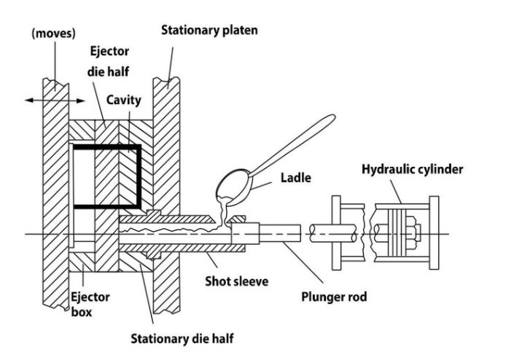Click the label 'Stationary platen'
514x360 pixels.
(x=209, y=30)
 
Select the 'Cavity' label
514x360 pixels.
(x=124, y=101)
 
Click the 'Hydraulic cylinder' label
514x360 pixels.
(x=412, y=169)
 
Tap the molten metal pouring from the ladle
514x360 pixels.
(x=222, y=211)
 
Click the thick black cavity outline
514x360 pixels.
(x=139, y=175)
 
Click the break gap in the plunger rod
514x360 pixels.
(x=305, y=233)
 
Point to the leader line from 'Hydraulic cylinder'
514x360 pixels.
(x=398, y=189)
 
